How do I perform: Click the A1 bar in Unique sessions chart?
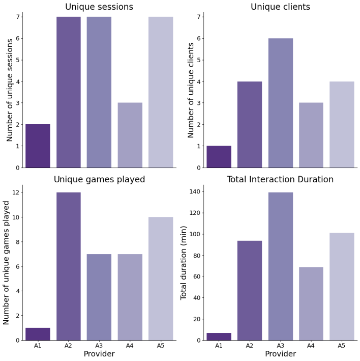38,146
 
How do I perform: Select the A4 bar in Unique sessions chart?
130,135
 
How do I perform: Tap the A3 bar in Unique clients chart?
280,103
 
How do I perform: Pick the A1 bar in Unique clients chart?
219,157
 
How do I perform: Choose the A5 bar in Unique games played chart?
161,279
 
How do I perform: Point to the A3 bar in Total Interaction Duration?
280,266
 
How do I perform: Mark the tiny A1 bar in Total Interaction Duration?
219,337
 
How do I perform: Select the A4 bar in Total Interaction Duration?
311,303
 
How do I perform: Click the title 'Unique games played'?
99,179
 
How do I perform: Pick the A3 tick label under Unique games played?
99,346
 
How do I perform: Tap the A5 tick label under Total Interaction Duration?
342,346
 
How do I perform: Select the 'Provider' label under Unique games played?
99,354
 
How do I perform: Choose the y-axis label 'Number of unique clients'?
191,90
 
